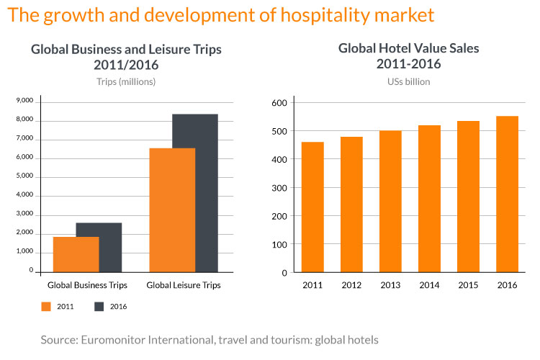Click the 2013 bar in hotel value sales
390,202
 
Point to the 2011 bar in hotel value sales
312,207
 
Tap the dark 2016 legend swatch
99,306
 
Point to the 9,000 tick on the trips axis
24,101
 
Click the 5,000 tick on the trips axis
24,176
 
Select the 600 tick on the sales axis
280,102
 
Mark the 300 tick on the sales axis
280,187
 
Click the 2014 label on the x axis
429,285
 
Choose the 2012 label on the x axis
351,285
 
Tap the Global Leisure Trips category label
183,285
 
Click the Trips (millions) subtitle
126,81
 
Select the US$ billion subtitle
408,81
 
